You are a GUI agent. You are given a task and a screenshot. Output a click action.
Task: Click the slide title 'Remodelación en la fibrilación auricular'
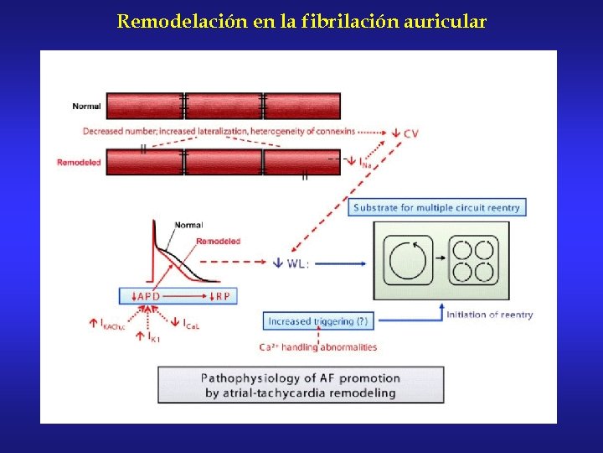301,21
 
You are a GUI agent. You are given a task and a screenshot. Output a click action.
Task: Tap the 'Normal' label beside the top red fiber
87,107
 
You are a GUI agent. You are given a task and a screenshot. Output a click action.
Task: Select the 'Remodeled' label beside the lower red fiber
79,162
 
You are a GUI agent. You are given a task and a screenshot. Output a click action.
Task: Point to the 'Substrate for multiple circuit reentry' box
436,207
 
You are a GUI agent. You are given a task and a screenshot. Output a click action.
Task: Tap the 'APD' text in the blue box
148,296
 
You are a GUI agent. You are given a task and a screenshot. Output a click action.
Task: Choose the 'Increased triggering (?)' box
317,320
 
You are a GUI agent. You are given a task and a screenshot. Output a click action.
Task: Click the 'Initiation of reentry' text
489,315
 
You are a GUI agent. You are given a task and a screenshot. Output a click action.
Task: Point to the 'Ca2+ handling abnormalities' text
317,346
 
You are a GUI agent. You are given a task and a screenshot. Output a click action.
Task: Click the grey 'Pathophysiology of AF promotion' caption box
301,385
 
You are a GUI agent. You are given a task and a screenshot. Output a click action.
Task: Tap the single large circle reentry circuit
408,261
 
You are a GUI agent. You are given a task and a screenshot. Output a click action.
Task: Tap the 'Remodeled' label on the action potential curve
218,241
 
